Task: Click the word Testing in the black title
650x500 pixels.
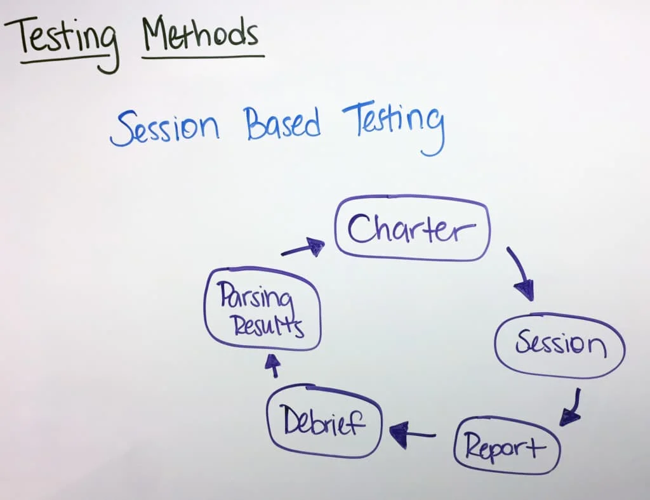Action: coord(62,41)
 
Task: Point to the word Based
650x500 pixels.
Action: coord(282,122)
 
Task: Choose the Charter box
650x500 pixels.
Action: coord(413,198)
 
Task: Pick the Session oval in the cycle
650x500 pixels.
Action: coord(560,315)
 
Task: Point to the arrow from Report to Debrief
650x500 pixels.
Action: coord(413,435)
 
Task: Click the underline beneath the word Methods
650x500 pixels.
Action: coord(203,56)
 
